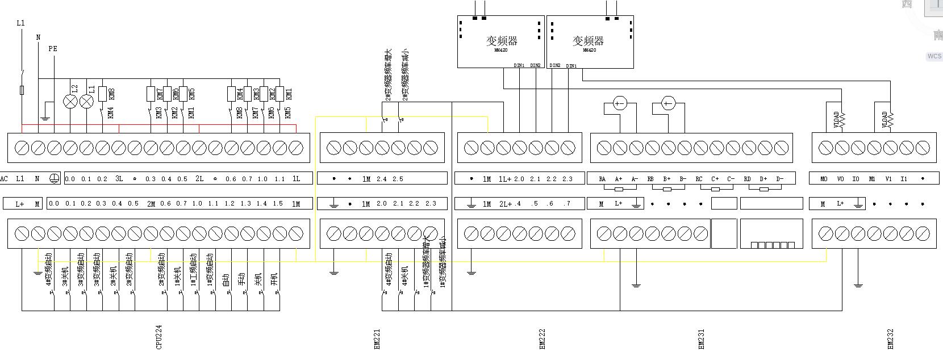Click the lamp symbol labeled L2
70,102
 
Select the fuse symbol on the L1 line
22,90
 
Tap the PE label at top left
53,49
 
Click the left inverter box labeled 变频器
500,41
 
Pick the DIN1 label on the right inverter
571,66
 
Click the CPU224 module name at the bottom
159,336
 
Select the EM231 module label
701,339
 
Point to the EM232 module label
891,339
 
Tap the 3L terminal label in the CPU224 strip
119,179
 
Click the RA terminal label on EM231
602,179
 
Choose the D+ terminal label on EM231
763,179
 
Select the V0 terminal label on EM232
840,179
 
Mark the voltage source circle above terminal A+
620,103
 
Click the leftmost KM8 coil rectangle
103,94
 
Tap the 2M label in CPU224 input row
151,203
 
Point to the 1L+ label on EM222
505,179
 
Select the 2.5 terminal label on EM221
398,179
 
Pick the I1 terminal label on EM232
904,179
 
